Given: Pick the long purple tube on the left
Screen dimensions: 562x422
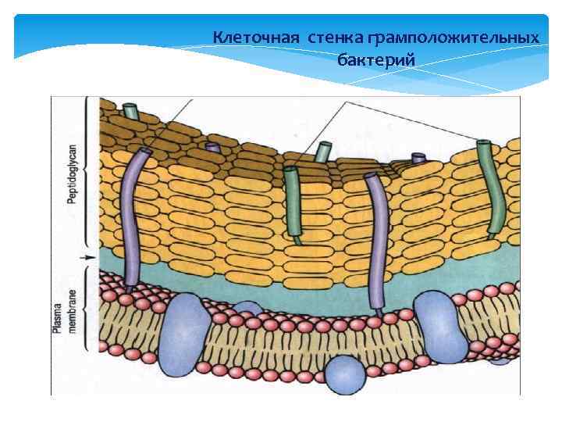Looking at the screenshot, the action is (x=134, y=219).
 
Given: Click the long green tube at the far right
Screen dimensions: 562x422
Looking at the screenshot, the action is (x=492, y=188).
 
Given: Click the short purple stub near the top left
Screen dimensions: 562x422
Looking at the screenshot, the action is (x=213, y=147).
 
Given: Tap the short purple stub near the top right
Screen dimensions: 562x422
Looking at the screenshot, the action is (x=419, y=159).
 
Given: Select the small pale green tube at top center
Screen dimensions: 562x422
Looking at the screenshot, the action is (x=322, y=151).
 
